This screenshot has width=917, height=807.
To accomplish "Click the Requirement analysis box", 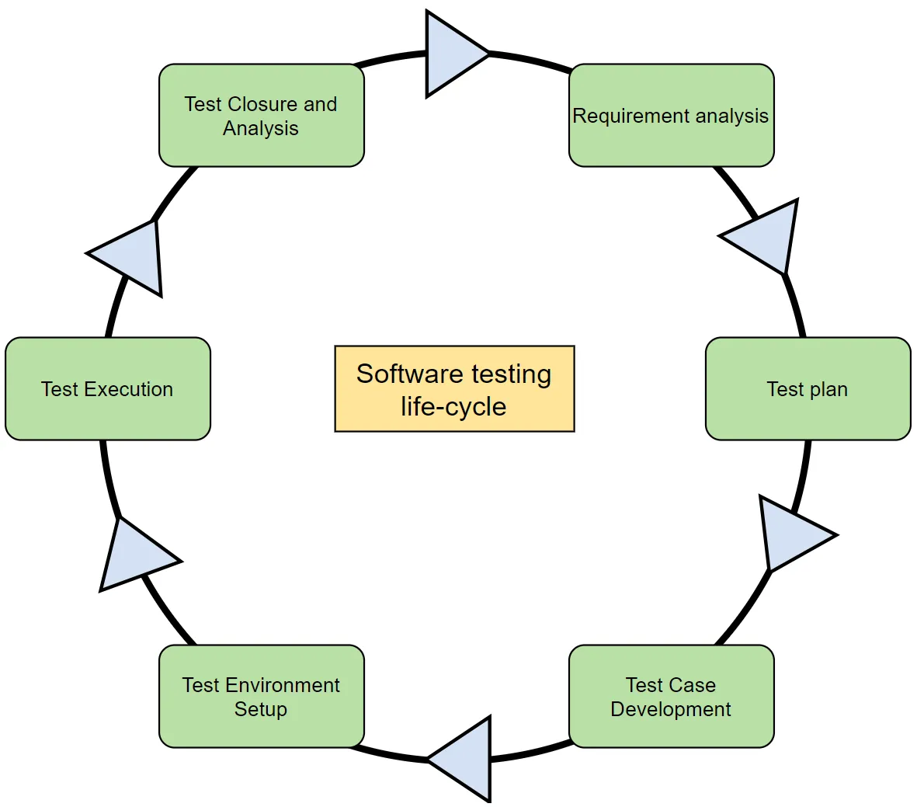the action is (x=672, y=115).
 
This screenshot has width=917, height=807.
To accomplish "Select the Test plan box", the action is (x=808, y=388).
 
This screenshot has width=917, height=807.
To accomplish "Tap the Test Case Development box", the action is (x=672, y=697).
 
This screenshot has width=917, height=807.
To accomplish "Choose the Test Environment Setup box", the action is (x=262, y=697).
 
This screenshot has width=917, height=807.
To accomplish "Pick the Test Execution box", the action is (x=108, y=388).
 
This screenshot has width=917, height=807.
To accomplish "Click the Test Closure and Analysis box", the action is (x=262, y=115).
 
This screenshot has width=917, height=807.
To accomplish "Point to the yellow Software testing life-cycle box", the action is (x=454, y=388).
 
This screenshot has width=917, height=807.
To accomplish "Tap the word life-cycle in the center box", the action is (x=453, y=407).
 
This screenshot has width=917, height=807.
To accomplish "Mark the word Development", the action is (x=671, y=709).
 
